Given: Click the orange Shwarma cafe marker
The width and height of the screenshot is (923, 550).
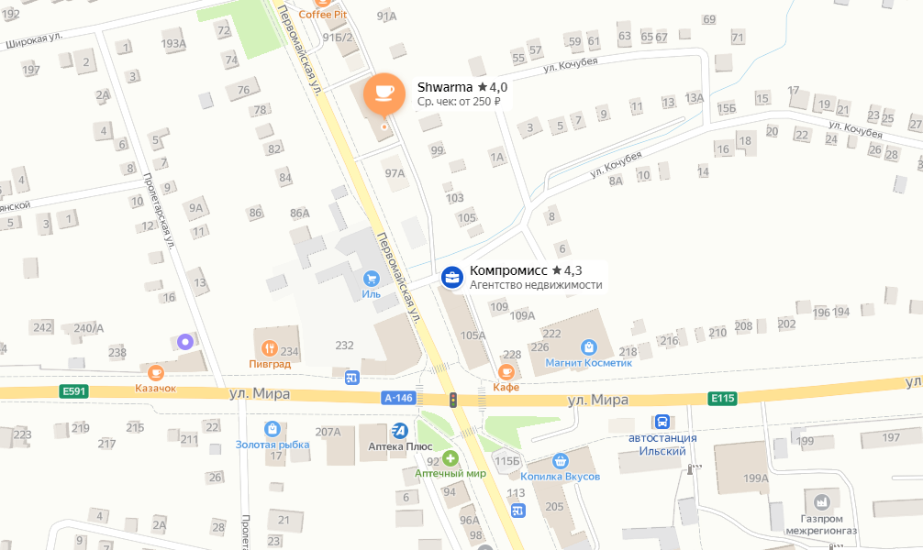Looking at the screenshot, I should point(384,93).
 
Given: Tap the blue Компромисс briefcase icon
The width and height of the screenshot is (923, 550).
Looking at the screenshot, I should point(452,277).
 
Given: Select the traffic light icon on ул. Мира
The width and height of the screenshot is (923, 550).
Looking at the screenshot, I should point(451,399).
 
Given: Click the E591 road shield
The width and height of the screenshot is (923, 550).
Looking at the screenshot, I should point(73,391).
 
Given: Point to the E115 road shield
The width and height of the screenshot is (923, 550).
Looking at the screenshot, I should point(722,398).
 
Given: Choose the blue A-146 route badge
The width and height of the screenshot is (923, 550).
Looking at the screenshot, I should point(399,398).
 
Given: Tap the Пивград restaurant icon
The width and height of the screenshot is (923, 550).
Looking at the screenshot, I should point(270,348).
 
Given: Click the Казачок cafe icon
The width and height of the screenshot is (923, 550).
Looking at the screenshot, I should point(156,372).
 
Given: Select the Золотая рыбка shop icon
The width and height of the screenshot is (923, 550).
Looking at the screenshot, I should point(272,428).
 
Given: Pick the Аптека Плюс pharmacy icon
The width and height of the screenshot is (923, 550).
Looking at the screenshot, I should point(399,430).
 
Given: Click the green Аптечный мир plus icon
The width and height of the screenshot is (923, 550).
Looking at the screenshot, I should point(450,457).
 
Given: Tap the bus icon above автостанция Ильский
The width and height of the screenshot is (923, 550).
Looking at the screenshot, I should point(661,422).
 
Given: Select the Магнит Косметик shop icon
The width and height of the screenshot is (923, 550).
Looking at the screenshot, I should point(589,347).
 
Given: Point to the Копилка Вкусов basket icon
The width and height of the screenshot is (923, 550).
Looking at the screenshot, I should point(560,461).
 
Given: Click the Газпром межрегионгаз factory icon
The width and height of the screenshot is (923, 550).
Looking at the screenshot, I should point(821,501).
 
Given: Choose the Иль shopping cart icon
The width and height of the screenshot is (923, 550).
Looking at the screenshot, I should point(371,278).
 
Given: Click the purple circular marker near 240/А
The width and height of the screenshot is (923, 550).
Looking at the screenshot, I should point(186,342).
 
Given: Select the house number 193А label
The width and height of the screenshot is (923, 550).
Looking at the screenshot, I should point(173,43).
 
